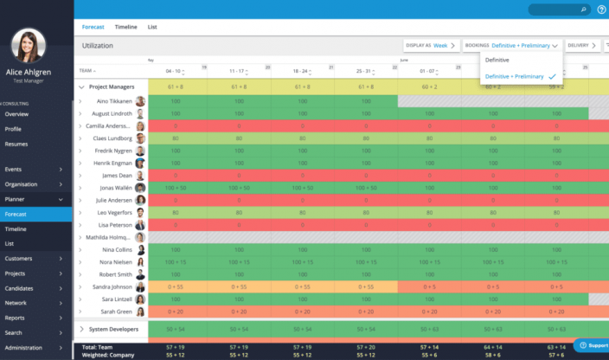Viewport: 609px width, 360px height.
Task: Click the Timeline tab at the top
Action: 125,27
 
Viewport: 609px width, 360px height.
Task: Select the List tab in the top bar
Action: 152,27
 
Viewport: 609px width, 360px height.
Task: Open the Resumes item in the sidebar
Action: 16,144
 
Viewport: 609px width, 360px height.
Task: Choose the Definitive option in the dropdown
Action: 497,60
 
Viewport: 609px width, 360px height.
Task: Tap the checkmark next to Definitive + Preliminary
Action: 552,76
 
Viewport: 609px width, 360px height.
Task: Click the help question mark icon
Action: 601,10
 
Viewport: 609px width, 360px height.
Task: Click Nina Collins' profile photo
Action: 140,250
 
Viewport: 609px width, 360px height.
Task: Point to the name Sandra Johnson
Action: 112,287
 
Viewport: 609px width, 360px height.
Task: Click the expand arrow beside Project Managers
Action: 81,87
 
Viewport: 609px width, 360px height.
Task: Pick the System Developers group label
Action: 112,329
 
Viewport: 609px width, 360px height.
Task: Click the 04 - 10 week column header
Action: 173,71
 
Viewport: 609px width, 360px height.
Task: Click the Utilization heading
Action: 98,45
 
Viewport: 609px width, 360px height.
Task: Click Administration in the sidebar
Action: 23,348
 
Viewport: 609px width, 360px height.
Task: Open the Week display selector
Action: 446,45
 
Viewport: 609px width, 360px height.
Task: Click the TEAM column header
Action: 87,71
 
